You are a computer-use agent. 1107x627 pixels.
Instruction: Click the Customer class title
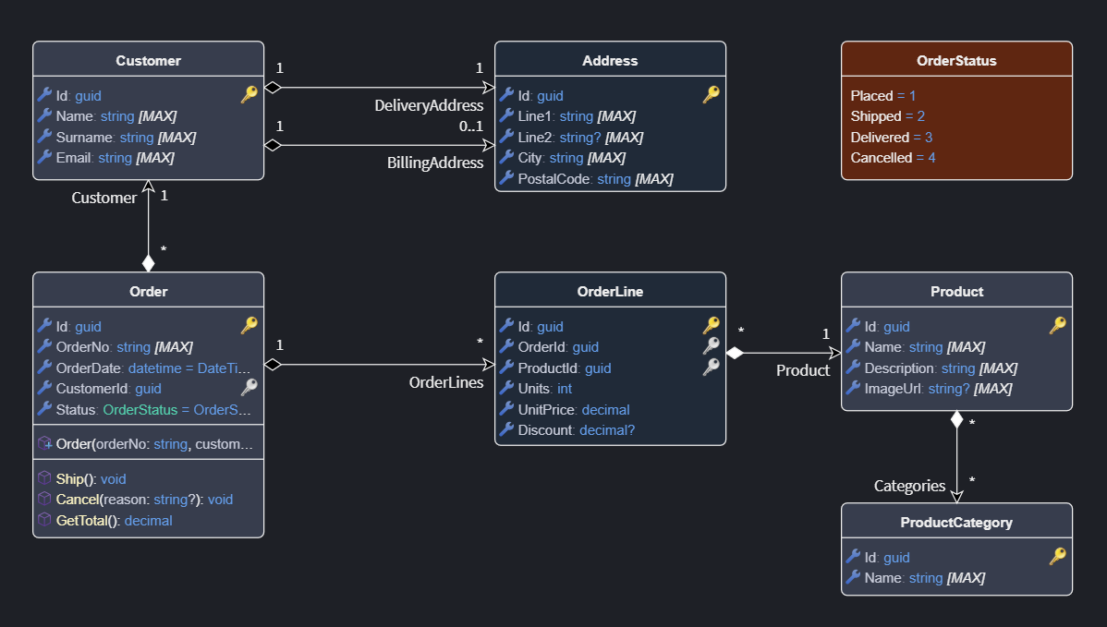point(148,61)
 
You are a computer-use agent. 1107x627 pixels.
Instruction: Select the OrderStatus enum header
point(956,61)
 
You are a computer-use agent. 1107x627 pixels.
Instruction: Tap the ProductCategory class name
point(956,523)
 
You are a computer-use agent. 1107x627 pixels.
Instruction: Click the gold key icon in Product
point(1058,325)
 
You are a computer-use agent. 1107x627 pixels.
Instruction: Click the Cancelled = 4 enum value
point(893,158)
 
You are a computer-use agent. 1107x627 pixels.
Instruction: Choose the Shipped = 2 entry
point(887,116)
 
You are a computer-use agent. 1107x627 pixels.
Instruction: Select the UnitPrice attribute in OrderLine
point(573,409)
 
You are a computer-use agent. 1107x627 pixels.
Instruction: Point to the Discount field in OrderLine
point(576,429)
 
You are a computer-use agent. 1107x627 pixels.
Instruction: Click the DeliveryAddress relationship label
point(429,105)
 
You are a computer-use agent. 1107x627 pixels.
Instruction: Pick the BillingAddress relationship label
point(434,163)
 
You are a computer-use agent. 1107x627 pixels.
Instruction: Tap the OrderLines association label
point(446,382)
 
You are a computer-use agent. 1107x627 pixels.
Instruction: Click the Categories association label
point(909,486)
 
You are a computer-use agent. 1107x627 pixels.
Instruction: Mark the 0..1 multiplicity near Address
point(471,126)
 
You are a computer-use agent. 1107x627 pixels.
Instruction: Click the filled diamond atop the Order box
point(148,262)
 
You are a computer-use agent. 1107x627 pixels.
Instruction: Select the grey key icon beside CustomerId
point(249,388)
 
